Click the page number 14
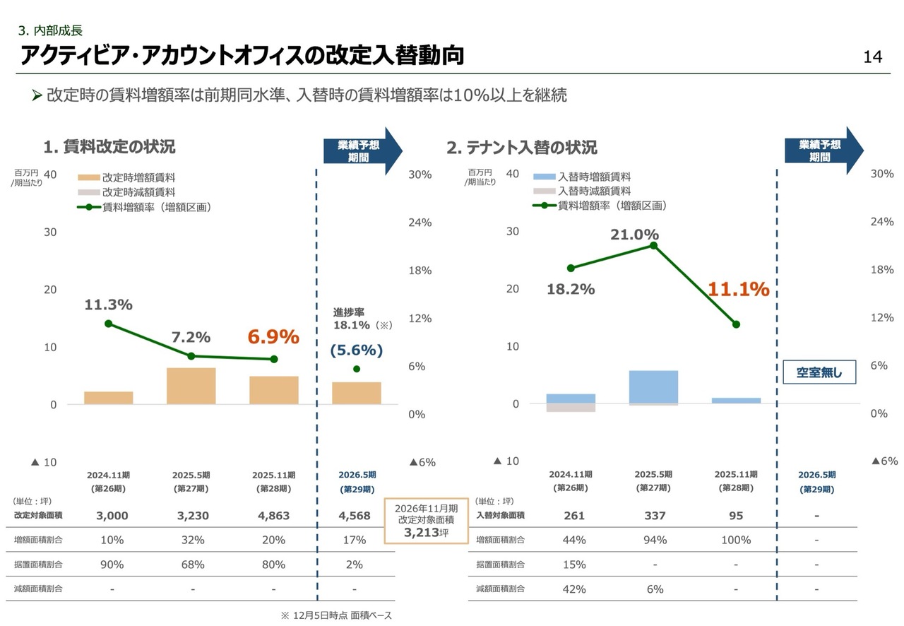pos(873,57)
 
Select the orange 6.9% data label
pos(273,337)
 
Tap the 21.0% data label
pos(634,234)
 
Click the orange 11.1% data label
pos(738,289)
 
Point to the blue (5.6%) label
pos(357,350)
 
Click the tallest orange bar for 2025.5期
pos(191,386)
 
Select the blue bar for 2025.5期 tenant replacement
pos(653,386)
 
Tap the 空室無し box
pos(819,372)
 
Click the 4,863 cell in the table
pos(273,516)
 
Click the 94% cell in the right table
pos(655,541)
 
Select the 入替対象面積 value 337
pos(655,516)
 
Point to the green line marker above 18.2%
pos(571,268)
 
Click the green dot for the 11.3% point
pos(108,324)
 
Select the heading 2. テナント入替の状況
pos(521,148)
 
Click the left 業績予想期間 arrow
pos(361,150)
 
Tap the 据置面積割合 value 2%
pos(355,565)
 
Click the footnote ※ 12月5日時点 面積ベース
pos(336,615)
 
